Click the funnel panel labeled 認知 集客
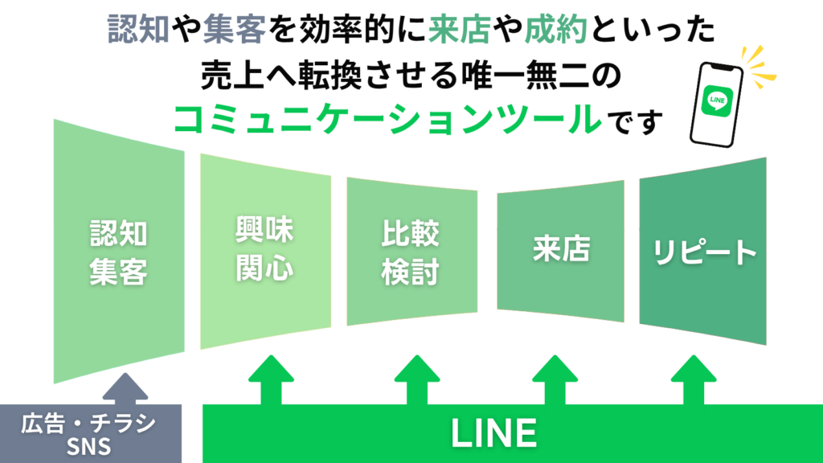pos(118,251)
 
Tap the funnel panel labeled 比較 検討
pos(411,251)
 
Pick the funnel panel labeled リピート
pos(702,251)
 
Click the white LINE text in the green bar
pos(493,433)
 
